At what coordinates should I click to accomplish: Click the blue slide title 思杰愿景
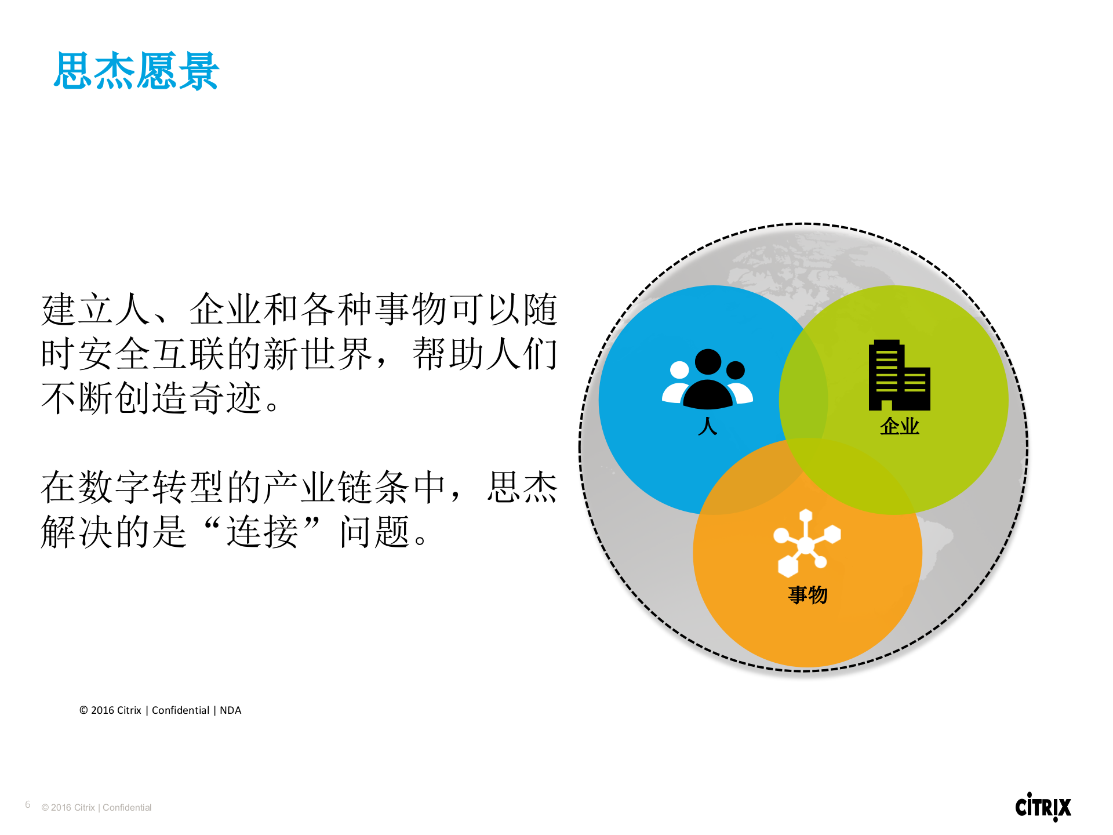[x=136, y=71]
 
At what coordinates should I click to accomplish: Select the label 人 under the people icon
[x=708, y=426]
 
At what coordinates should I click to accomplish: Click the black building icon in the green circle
[x=899, y=376]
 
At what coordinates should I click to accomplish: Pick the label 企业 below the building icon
[x=899, y=426]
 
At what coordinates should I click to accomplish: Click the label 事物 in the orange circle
[x=808, y=595]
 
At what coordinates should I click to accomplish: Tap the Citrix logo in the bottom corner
[x=1043, y=807]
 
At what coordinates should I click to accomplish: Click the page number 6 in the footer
[x=28, y=805]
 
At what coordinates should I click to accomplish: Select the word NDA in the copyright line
[x=230, y=710]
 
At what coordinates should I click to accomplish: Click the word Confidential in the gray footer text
[x=127, y=808]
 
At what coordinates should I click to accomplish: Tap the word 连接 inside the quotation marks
[x=262, y=532]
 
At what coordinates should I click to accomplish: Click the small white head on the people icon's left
[x=679, y=370]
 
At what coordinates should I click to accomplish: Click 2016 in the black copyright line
[x=103, y=710]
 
